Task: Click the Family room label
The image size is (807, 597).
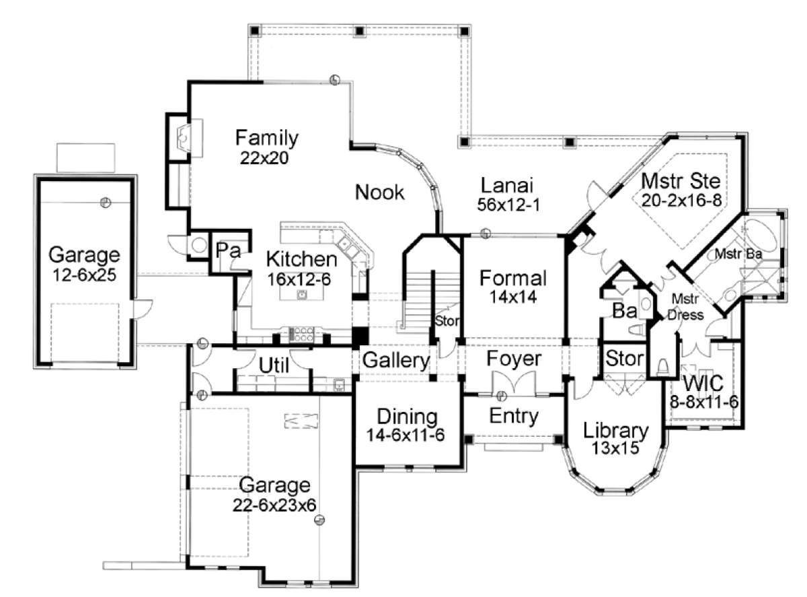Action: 266,138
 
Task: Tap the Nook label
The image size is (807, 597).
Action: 380,192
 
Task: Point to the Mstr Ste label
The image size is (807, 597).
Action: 681,181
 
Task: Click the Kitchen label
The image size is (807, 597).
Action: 301,259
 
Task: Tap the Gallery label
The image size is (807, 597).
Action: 395,361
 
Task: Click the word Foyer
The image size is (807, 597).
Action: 514,359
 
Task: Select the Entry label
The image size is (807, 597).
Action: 513,416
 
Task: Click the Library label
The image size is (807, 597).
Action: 615,430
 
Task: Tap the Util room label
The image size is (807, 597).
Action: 274,366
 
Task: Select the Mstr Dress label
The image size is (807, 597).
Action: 685,308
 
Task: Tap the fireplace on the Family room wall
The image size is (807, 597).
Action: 184,138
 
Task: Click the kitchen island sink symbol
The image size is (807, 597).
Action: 302,294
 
